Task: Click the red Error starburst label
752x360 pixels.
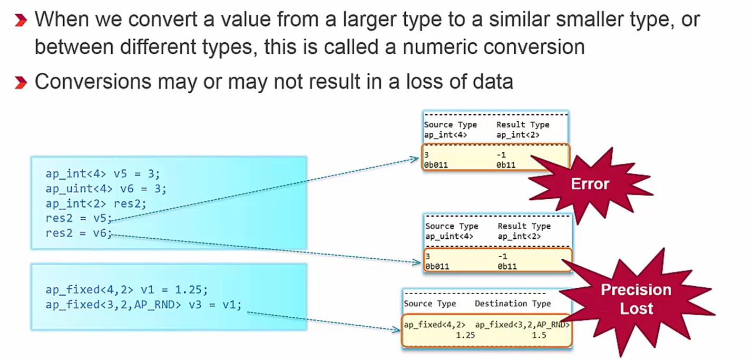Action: coord(590,184)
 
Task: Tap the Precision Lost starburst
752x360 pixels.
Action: coord(636,298)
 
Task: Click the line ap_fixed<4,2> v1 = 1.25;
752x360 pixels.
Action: coord(126,290)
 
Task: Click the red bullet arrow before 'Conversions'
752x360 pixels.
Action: coord(20,82)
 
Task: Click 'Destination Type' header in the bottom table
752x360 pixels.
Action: coord(512,304)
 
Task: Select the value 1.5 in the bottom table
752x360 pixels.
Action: coord(539,335)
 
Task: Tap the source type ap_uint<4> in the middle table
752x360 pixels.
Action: coord(449,237)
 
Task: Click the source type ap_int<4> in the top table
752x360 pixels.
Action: coord(445,135)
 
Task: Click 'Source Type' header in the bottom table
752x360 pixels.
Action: coord(429,304)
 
